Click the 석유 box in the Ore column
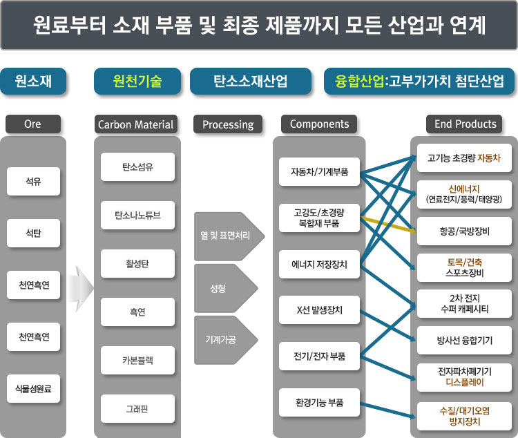click(x=33, y=181)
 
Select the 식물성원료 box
click(x=33, y=388)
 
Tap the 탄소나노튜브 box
click(x=137, y=215)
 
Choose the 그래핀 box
click(x=137, y=408)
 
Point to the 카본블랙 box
click(x=137, y=361)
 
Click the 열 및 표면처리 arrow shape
click(x=229, y=236)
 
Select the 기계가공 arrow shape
click(x=226, y=340)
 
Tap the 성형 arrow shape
click(x=226, y=288)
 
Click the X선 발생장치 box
click(x=319, y=310)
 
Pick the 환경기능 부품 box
click(x=319, y=403)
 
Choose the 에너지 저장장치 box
click(x=319, y=264)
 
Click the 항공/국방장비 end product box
click(x=464, y=231)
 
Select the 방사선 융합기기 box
click(x=464, y=341)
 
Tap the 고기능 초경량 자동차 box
click(x=464, y=158)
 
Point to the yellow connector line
click(x=388, y=225)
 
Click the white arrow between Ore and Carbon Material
click(x=81, y=289)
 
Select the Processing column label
click(x=228, y=124)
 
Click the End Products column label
click(x=464, y=124)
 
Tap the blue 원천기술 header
click(x=137, y=82)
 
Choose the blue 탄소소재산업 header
click(x=251, y=82)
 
